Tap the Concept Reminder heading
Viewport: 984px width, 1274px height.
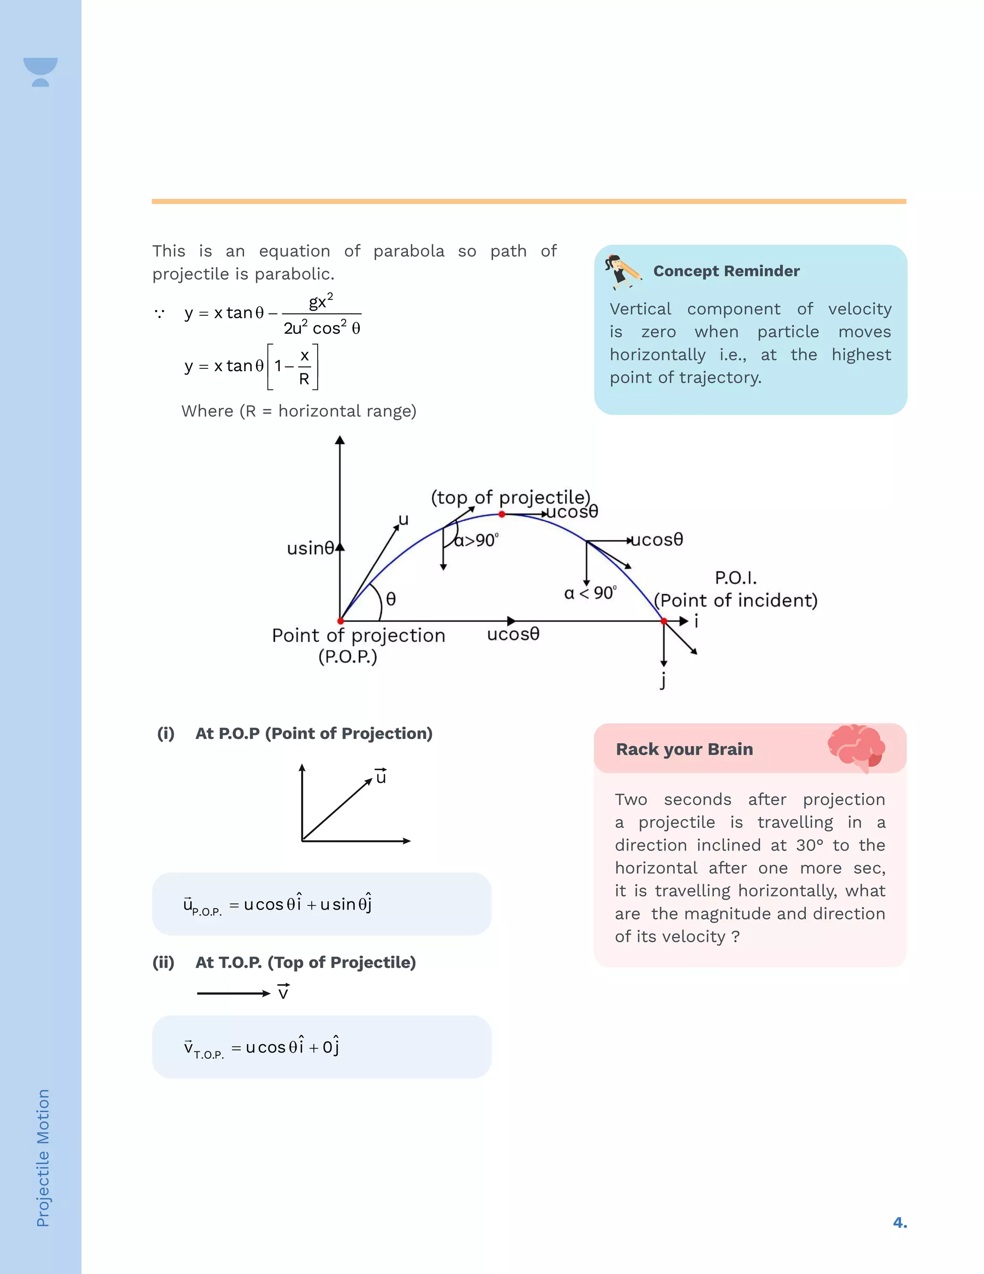(x=726, y=271)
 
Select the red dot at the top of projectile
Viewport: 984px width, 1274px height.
(x=502, y=514)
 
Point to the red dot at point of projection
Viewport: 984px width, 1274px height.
(x=341, y=621)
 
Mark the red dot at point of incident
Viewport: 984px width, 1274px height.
(x=664, y=621)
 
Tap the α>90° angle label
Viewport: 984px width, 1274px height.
(x=476, y=541)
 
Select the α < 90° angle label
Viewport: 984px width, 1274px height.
(x=590, y=593)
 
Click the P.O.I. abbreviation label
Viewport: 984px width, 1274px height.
(x=736, y=578)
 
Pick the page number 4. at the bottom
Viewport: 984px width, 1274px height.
(x=899, y=1222)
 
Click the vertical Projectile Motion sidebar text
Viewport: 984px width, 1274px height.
(x=43, y=1158)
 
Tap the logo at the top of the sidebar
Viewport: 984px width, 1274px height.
(x=40, y=72)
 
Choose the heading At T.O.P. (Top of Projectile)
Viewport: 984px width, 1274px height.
(x=306, y=962)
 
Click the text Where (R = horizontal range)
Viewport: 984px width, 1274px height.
(x=299, y=411)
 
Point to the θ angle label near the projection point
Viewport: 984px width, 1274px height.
(x=391, y=599)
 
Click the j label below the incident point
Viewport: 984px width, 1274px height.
(x=663, y=680)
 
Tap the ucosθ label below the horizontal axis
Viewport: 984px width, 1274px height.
(x=513, y=634)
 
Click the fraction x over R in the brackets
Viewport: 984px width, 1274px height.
(x=304, y=367)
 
